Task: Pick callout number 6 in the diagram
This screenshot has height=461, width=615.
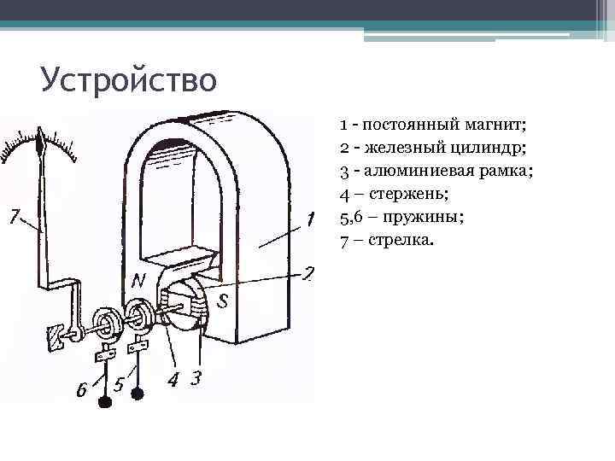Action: pyautogui.click(x=82, y=390)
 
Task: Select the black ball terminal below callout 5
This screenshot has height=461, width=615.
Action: pyautogui.click(x=137, y=394)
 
